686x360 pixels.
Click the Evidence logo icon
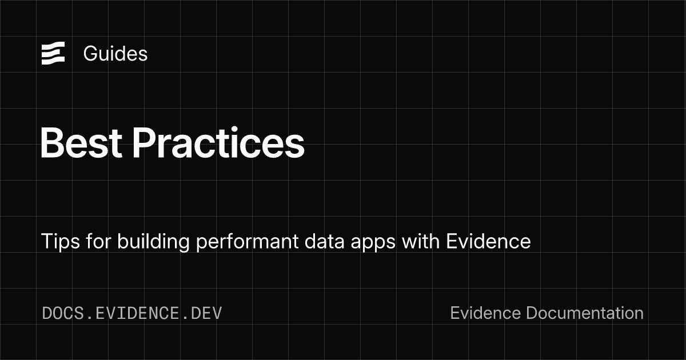click(53, 54)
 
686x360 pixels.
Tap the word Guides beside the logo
click(115, 54)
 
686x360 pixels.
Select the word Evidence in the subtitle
click(488, 242)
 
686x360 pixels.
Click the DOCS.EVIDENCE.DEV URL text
click(132, 313)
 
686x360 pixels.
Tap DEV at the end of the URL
click(207, 313)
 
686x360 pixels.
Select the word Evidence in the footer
click(485, 313)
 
